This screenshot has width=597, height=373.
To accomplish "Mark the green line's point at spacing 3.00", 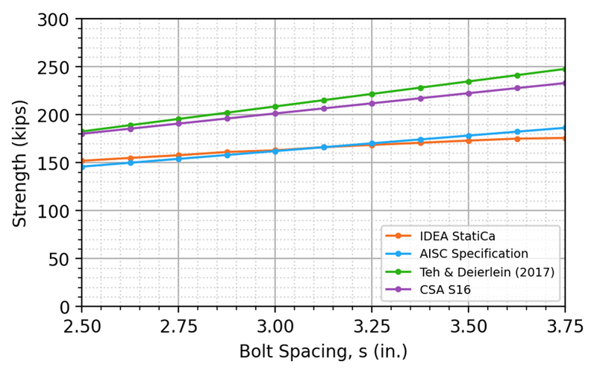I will pos(275,107).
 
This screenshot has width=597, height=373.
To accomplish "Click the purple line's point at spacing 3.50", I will pos(468,93).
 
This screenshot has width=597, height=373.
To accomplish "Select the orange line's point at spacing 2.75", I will pos(178,155).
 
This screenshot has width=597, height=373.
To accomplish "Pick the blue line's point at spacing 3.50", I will pos(468,136).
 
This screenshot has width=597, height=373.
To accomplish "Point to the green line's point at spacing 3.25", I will pos(372,94).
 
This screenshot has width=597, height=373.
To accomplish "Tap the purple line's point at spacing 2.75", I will pos(178,123).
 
